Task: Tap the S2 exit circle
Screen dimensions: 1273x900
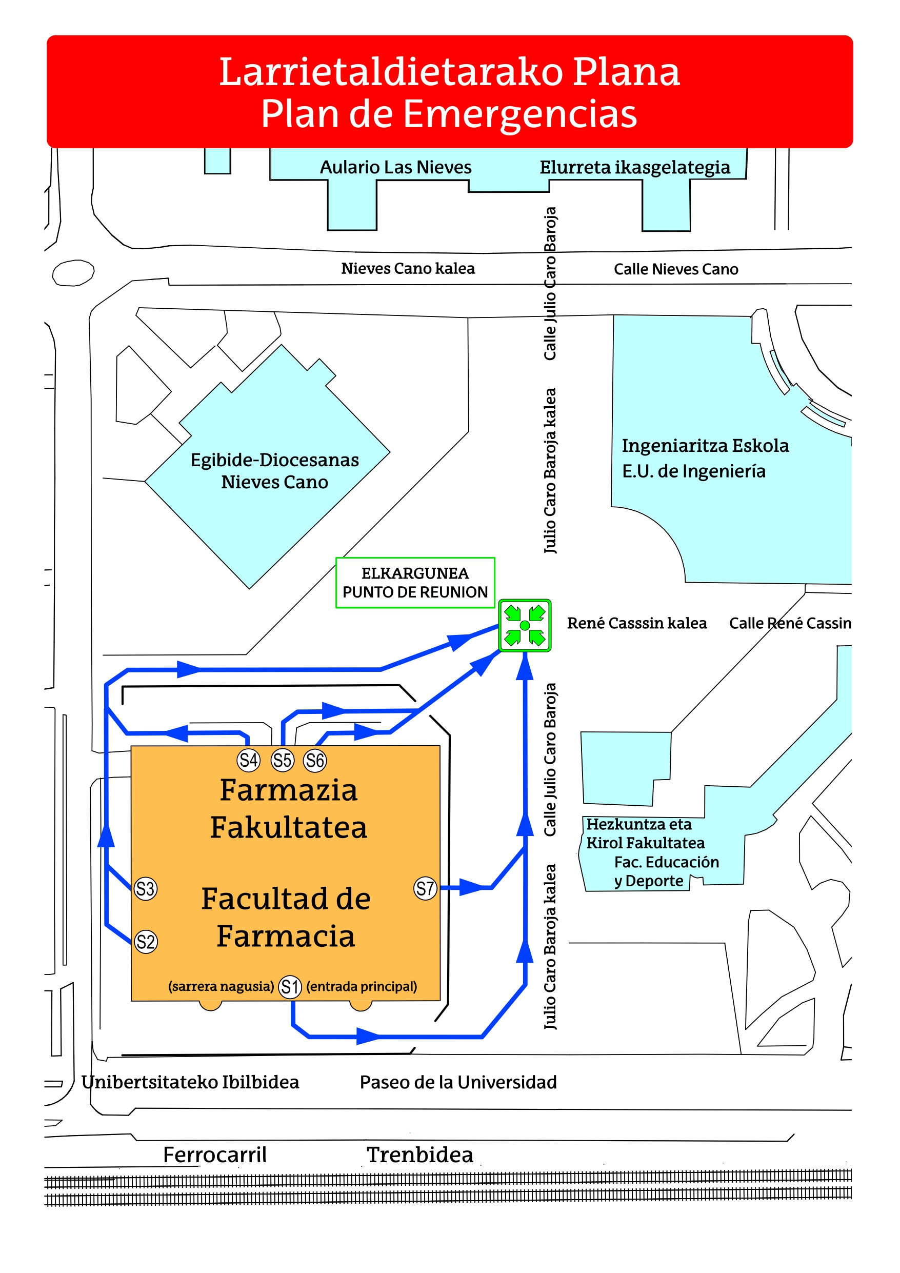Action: click(146, 942)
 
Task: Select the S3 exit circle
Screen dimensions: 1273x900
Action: click(145, 888)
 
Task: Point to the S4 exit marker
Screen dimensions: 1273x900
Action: click(248, 760)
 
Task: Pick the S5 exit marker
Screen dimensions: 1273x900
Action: click(282, 760)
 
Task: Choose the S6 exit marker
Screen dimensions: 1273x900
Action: click(315, 760)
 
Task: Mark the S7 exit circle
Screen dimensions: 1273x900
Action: click(425, 888)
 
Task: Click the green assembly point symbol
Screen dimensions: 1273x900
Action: click(525, 625)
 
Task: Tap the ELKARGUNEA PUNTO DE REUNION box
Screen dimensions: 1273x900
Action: click(415, 583)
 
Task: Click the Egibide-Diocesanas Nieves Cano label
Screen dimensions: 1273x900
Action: click(274, 471)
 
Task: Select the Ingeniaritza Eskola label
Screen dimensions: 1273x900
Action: click(705, 446)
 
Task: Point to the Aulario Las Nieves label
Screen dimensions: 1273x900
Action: click(395, 167)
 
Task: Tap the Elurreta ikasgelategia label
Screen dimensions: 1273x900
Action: click(634, 167)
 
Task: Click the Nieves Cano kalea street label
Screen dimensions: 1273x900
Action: click(408, 269)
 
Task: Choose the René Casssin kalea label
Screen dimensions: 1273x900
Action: click(636, 623)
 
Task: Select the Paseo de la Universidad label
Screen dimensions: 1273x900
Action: click(458, 1082)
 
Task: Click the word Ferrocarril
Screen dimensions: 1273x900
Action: click(214, 1155)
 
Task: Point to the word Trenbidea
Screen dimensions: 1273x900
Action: click(420, 1155)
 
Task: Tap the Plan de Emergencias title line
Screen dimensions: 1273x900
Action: click(449, 114)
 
